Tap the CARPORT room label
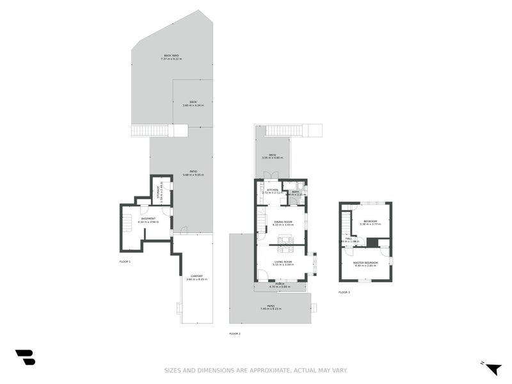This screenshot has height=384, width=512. click(196, 276)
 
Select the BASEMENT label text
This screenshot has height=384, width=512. click(148, 219)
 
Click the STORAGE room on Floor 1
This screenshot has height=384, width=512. click(161, 190)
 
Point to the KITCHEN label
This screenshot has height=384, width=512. click(272, 190)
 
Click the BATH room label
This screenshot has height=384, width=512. click(295, 191)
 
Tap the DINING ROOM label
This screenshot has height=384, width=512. click(282, 221)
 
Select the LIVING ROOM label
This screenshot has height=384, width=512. click(282, 261)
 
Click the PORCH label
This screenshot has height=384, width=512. click(280, 284)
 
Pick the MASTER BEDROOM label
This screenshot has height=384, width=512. click(365, 262)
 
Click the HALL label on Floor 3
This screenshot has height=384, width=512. click(349, 239)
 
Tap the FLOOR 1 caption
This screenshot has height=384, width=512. click(125, 262)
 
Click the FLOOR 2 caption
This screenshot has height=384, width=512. click(235, 333)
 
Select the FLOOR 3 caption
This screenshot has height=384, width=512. click(344, 292)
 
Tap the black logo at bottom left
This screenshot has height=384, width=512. click(25, 357)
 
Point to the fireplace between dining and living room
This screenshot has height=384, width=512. click(287, 241)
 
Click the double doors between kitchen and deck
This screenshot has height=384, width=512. click(271, 176)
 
